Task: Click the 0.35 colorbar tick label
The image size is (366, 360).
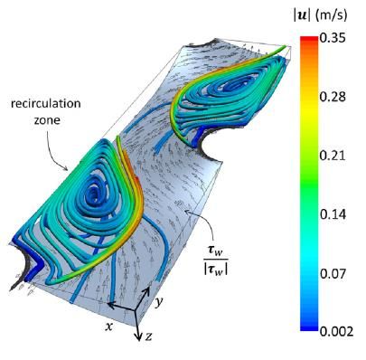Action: click(333, 39)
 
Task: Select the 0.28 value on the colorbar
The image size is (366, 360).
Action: click(333, 97)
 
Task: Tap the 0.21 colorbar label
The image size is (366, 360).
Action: click(333, 156)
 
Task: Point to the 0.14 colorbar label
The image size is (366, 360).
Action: click(333, 214)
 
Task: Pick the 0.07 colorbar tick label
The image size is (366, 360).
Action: click(333, 273)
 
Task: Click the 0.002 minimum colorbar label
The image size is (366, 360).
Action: click(336, 331)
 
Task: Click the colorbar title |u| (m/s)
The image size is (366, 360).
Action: click(320, 15)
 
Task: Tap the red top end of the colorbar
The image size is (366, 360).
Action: click(309, 39)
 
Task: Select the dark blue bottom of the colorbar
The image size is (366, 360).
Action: click(309, 327)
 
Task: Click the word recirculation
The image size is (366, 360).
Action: click(46, 103)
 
